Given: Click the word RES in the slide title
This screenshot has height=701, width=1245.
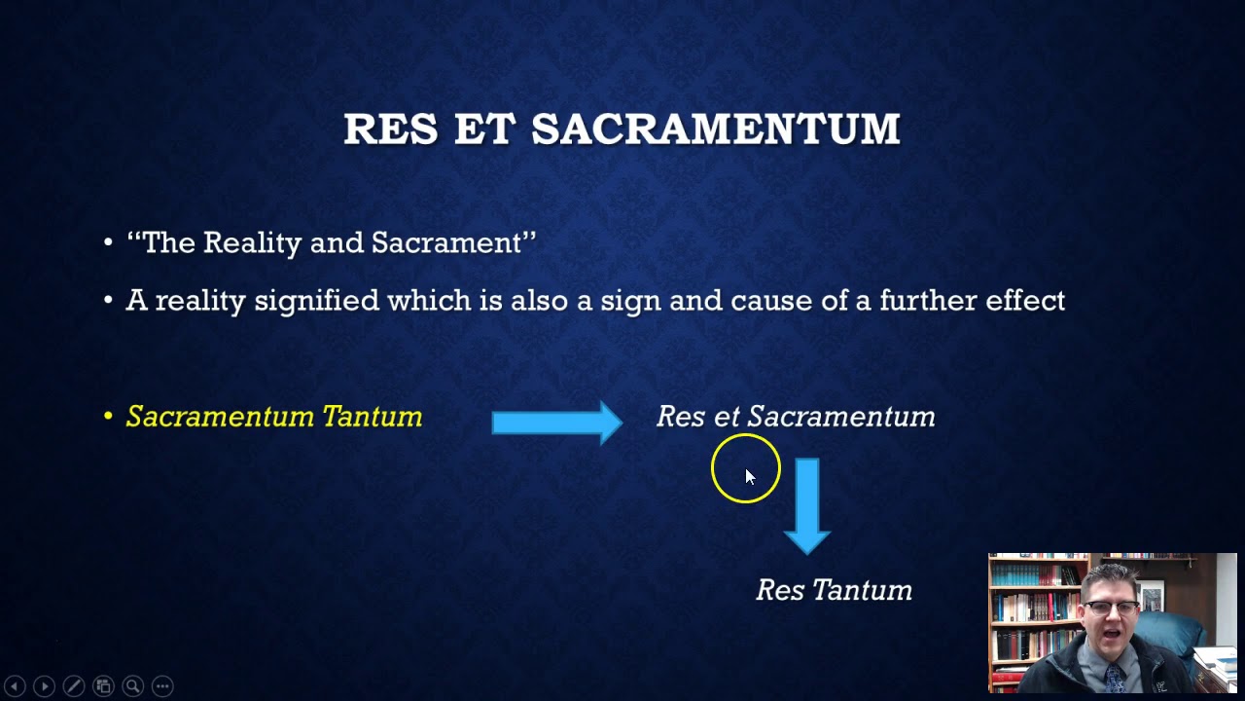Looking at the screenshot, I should pyautogui.click(x=390, y=129).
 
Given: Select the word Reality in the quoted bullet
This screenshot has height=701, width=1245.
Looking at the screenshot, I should pyautogui.click(x=252, y=242).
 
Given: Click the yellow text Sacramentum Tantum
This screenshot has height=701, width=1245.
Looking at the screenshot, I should pyautogui.click(x=274, y=417).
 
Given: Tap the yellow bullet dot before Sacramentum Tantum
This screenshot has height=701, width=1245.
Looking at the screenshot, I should pyautogui.click(x=108, y=417).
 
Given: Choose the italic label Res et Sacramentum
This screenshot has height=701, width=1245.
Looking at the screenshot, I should pyautogui.click(x=796, y=417).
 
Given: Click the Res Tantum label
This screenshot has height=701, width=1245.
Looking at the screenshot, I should pyautogui.click(x=834, y=590).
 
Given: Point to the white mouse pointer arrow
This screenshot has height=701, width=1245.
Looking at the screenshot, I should pyautogui.click(x=749, y=476).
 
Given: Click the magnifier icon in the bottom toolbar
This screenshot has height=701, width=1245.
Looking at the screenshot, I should pyautogui.click(x=132, y=686).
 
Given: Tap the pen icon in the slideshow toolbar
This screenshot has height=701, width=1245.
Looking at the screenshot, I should pyautogui.click(x=74, y=686).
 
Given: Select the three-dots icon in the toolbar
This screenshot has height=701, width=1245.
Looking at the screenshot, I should pyautogui.click(x=162, y=686).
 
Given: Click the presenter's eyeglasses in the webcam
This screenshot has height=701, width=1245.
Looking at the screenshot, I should pyautogui.click(x=1112, y=609).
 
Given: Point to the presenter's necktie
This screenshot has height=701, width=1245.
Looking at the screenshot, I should pyautogui.click(x=1113, y=678).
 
